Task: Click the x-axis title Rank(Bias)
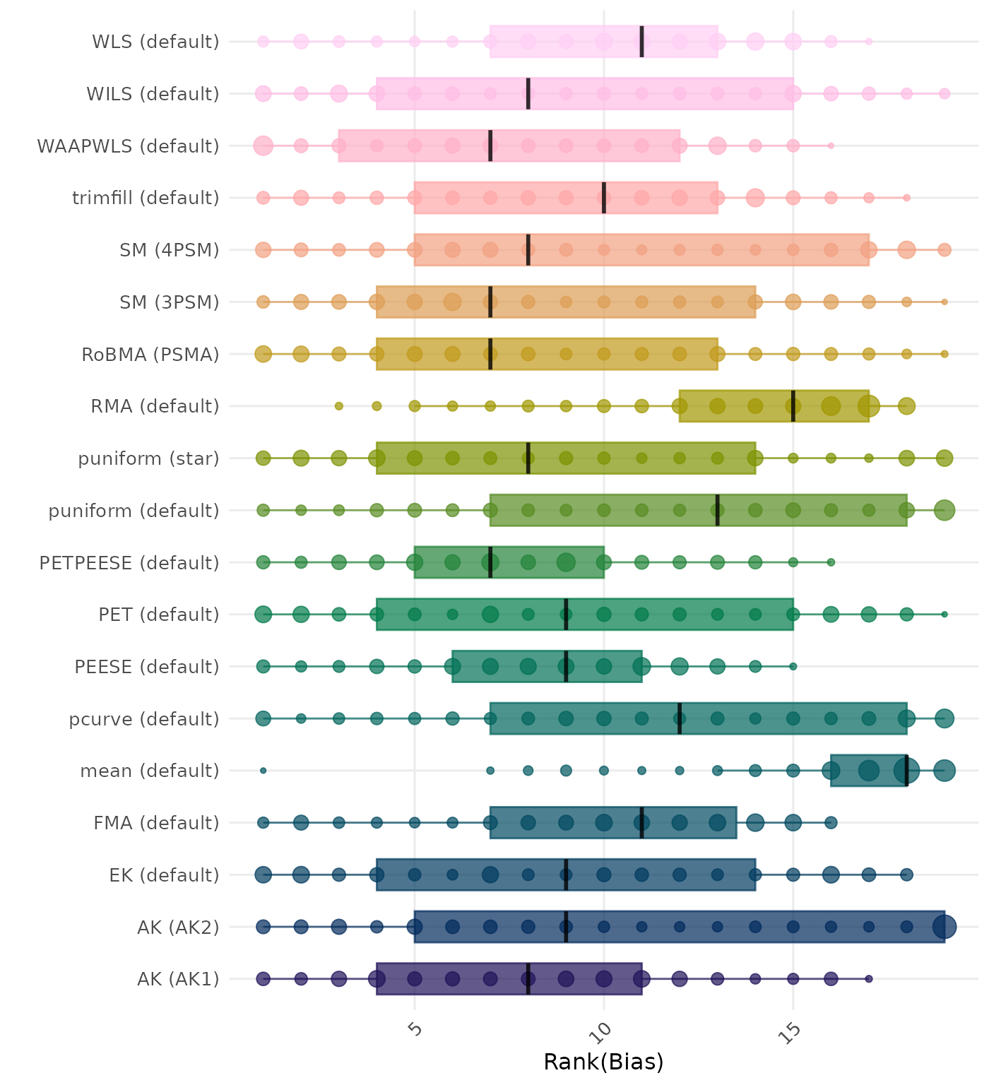[x=603, y=1062]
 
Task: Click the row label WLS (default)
[x=155, y=42]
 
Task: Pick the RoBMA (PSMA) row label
[x=150, y=355]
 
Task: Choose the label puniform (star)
[x=148, y=459]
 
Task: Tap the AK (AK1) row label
[x=178, y=979]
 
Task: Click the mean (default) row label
[x=150, y=771]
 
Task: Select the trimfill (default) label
[x=146, y=198]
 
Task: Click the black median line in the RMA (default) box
[x=793, y=406]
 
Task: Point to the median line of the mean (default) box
[x=906, y=771]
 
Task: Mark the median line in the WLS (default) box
[x=641, y=42]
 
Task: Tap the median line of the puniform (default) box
[x=718, y=510]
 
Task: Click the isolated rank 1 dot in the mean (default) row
[x=263, y=771]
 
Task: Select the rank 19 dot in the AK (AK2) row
[x=944, y=927]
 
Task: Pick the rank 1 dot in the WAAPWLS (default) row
[x=263, y=146]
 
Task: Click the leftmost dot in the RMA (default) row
[x=339, y=406]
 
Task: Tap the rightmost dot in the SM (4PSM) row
[x=944, y=250]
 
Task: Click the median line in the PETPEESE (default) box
[x=490, y=562]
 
